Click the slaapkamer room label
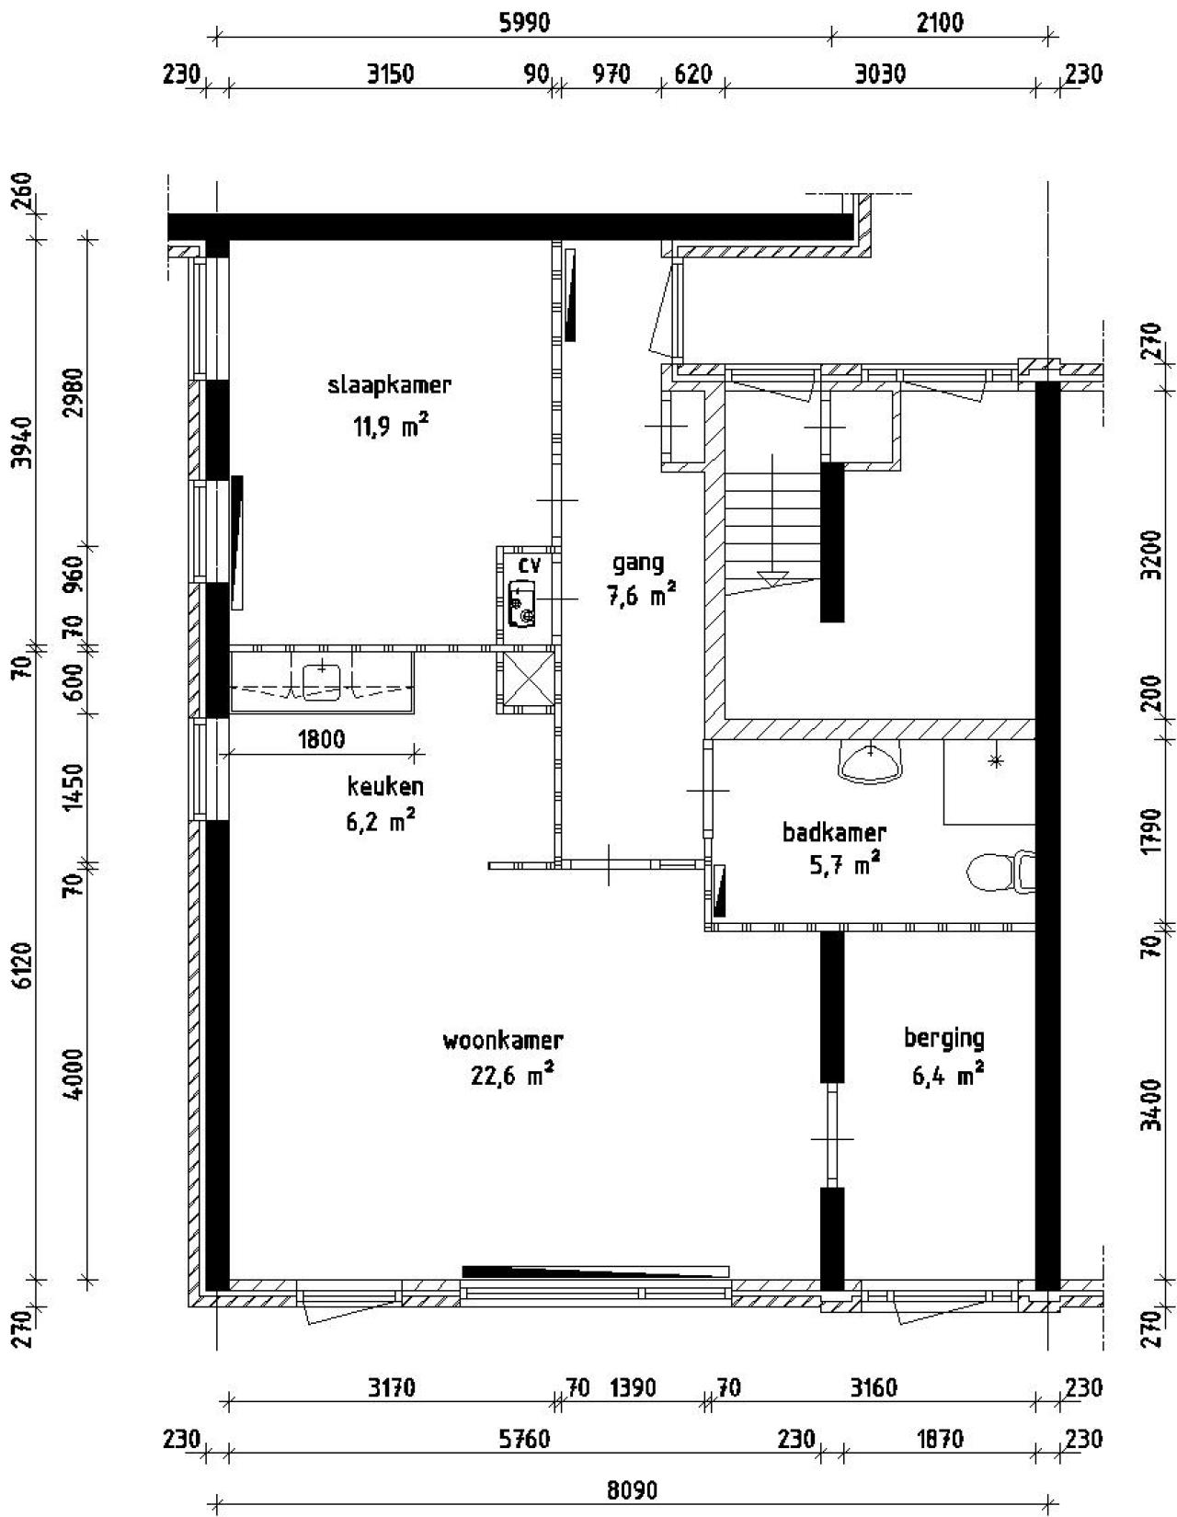389,385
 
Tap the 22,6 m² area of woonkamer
511,1075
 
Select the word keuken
385,787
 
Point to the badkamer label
834,833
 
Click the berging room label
943,1039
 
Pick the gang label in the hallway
637,563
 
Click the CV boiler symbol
521,603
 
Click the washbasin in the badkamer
868,762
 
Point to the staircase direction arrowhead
772,579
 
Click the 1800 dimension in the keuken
321,738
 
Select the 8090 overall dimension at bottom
633,1489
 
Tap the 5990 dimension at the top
524,23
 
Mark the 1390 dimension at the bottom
634,1387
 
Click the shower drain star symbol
995,760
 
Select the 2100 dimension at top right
940,23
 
